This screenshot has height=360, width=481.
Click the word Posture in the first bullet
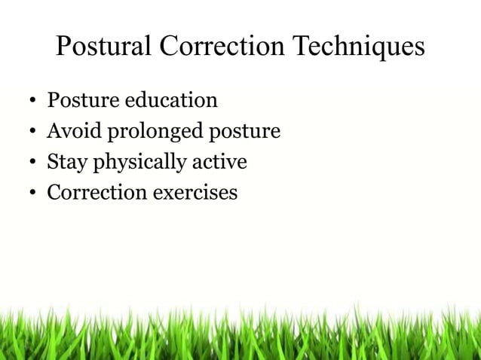pyautogui.click(x=79, y=100)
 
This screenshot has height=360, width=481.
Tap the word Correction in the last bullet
pyautogui.click(x=97, y=193)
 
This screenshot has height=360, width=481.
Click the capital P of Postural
pyautogui.click(x=65, y=47)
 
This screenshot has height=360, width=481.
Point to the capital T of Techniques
pyautogui.click(x=301, y=47)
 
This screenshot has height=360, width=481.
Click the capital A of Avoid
pyautogui.click(x=54, y=132)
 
